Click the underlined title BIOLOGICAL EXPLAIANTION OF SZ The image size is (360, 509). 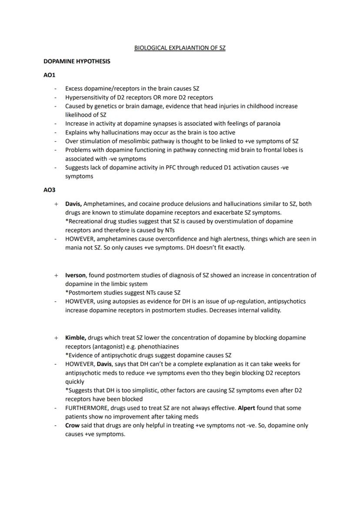pos(180,48)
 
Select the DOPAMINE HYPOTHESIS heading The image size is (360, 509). pos(77,61)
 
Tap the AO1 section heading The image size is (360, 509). pos(50,75)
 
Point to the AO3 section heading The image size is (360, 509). pos(50,190)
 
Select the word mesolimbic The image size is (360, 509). pos(126,141)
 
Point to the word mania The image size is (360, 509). pos(73,248)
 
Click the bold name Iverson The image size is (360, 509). pos(75,275)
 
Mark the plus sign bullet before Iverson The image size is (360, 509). pos(56,275)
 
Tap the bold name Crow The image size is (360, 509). pos(72,426)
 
